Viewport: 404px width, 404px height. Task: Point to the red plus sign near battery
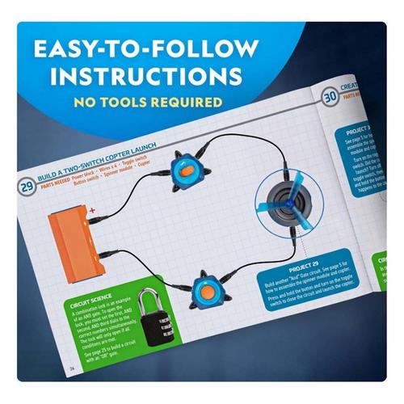(91, 212)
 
